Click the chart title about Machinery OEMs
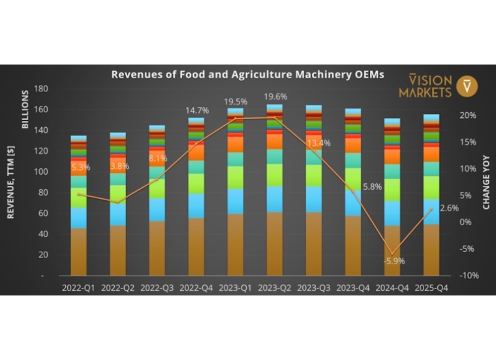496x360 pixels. tap(247, 74)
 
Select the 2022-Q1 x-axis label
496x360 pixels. tap(78, 287)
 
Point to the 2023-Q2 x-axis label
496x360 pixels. tap(274, 287)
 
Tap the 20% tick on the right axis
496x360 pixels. tap(469, 115)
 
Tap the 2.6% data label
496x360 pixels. tap(450, 208)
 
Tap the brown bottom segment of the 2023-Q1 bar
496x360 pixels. tap(235, 245)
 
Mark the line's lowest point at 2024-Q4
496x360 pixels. tap(392, 253)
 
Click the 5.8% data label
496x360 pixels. tap(372, 187)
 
